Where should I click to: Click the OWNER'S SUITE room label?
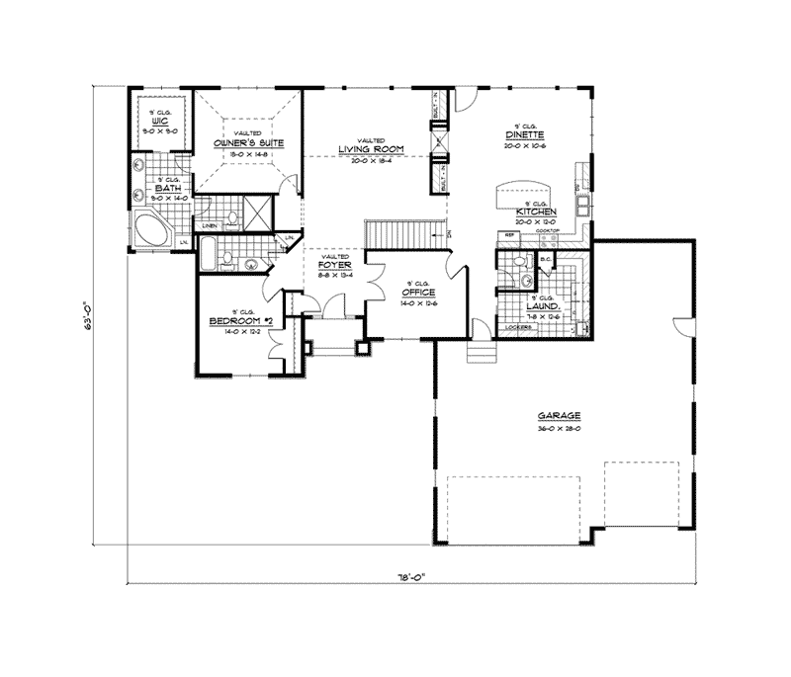click(x=249, y=143)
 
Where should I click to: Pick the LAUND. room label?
click(x=545, y=306)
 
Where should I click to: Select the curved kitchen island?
click(x=515, y=191)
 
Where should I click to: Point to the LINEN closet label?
click(x=210, y=227)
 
